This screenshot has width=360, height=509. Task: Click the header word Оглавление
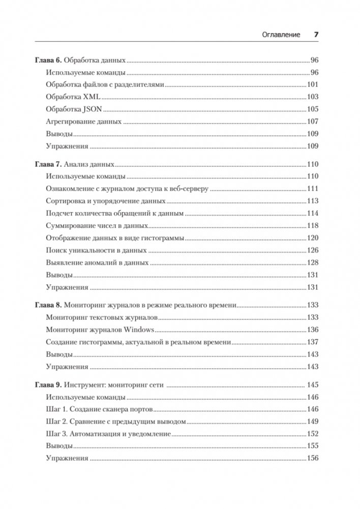click(279, 35)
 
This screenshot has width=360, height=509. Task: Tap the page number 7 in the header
click(316, 35)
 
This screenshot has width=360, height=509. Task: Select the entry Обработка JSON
click(74, 109)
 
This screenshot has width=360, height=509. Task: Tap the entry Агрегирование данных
click(83, 122)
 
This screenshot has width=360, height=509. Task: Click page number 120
click(312, 238)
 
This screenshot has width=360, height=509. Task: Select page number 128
click(312, 263)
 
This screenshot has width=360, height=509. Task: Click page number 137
click(312, 342)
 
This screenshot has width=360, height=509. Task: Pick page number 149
click(312, 422)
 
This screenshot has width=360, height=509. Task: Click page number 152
click(312, 434)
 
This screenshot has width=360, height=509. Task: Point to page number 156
click(312, 459)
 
